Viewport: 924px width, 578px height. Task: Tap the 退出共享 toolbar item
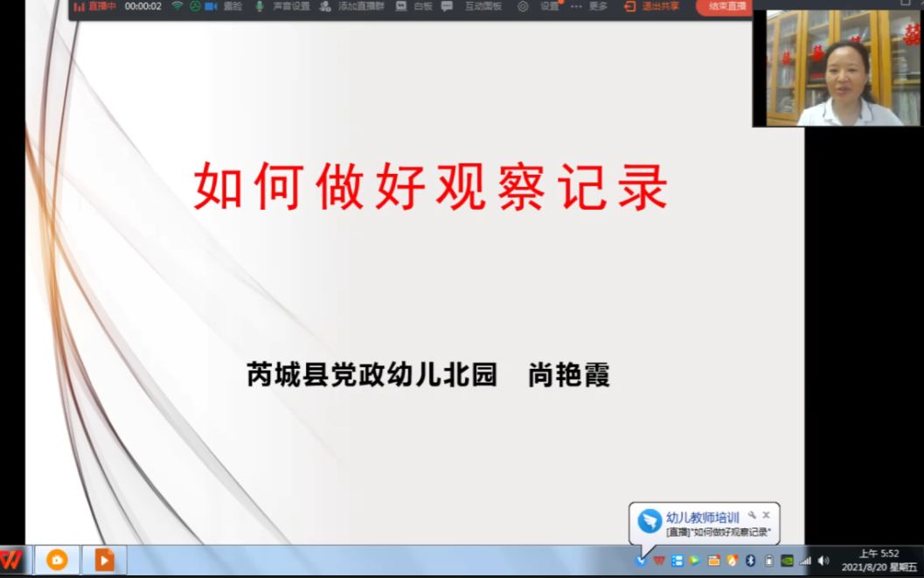(651, 6)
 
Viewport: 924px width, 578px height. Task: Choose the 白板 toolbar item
(414, 6)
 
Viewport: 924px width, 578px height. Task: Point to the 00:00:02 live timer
(143, 6)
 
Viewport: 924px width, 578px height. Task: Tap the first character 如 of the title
(218, 185)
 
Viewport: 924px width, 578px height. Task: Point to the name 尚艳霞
(568, 375)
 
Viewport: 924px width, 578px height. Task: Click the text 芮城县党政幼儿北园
(372, 375)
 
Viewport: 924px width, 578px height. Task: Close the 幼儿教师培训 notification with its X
(766, 516)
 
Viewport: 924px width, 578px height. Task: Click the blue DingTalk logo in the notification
(650, 522)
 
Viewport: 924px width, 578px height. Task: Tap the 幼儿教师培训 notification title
(702, 518)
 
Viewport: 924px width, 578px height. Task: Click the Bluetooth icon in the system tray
(750, 561)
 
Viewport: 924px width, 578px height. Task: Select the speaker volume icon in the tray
(823, 561)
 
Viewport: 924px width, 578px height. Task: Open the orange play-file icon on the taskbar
(104, 560)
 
